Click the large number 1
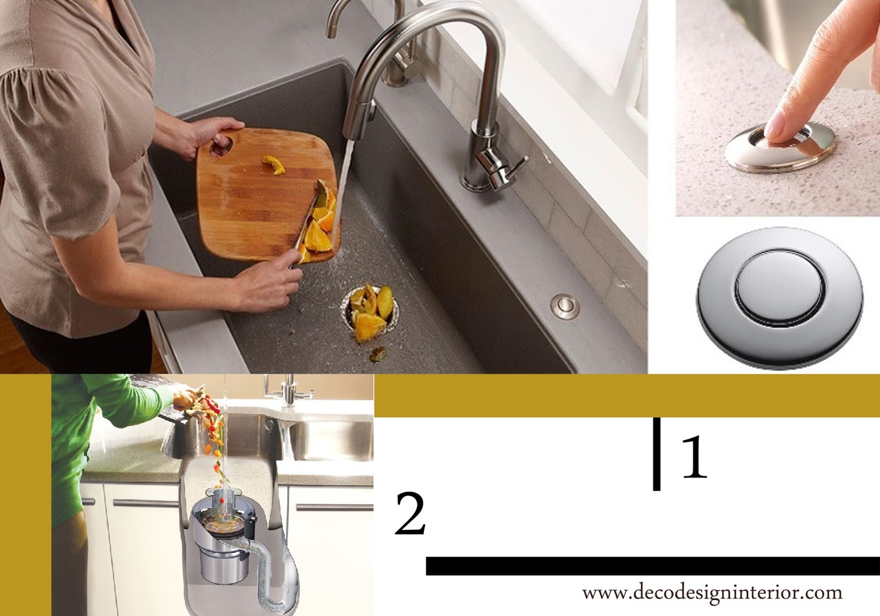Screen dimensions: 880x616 [695, 457]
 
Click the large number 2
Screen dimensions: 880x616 [410, 514]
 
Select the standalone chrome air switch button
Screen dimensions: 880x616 [780, 299]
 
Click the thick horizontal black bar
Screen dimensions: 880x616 [653, 566]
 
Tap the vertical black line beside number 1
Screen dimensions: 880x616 [657, 454]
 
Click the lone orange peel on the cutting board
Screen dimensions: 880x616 [274, 164]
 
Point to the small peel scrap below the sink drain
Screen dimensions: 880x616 [378, 354]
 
